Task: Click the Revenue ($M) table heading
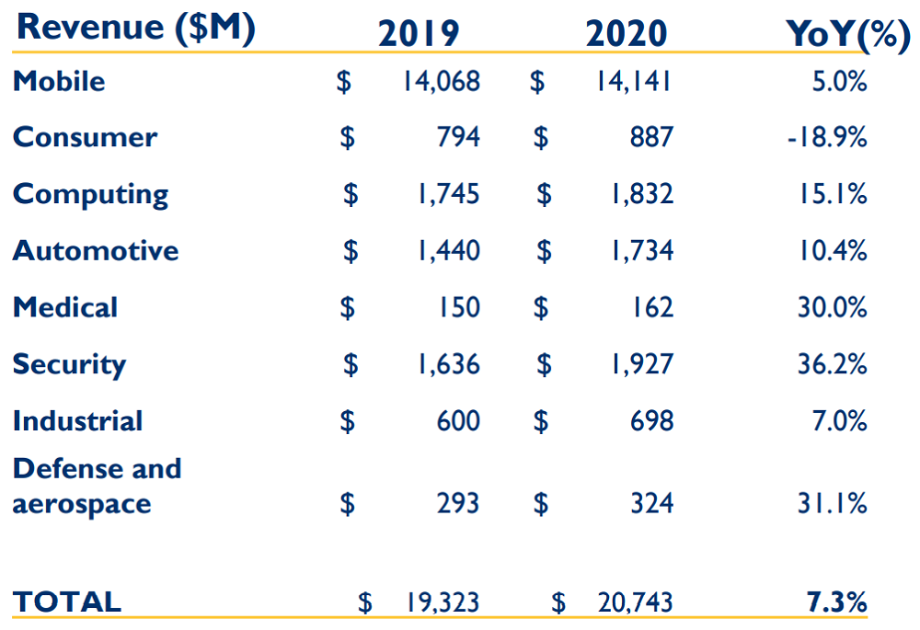coord(136,27)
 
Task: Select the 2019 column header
coord(419,33)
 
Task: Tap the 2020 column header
coord(627,33)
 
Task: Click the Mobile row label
coord(59,81)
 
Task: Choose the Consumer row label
coord(85,137)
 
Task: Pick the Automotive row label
coord(96,250)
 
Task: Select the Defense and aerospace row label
coord(97,486)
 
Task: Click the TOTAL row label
coord(66,602)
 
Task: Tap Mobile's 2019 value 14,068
coord(440,81)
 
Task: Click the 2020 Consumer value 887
coord(651,137)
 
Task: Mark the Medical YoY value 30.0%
coord(832,307)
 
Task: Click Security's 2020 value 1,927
coord(641,364)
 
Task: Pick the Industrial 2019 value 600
coord(458,421)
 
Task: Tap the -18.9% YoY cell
coord(827,137)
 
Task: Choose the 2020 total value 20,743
coord(635,602)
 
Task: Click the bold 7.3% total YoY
coord(837,602)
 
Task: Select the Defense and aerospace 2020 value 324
coord(651,504)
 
